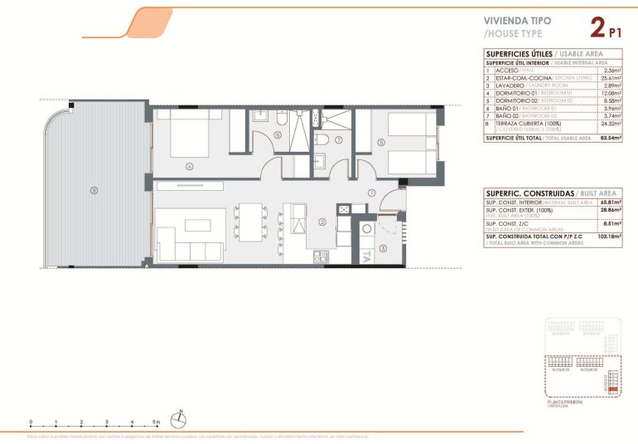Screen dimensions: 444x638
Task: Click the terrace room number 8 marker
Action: [x=94, y=190]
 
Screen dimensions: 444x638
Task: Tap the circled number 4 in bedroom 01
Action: [x=190, y=166]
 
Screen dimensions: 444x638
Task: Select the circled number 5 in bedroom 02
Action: [x=381, y=142]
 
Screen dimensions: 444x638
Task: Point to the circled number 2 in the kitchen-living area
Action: [x=322, y=222]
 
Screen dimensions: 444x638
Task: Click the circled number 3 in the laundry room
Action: [x=382, y=247]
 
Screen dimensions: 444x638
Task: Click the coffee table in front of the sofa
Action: [x=197, y=225]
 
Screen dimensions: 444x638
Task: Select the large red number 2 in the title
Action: [x=597, y=28]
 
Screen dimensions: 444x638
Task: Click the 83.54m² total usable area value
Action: [x=608, y=138]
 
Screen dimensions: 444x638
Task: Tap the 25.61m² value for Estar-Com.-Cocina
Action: [x=610, y=77]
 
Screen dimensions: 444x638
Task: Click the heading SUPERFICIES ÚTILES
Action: [x=517, y=54]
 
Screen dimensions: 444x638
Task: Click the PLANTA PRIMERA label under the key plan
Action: [x=566, y=402]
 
